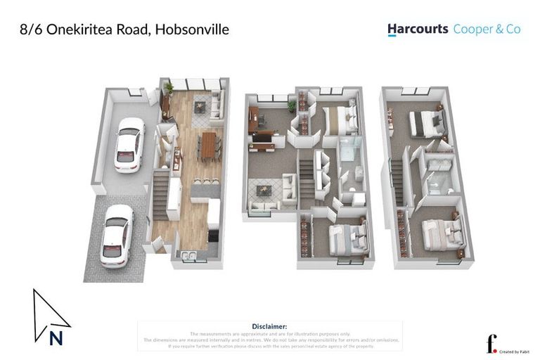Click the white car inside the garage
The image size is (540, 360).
pos(129,144)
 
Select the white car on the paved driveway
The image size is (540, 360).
pos(116,236)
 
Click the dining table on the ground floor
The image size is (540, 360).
pos(209,146)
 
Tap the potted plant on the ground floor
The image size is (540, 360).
pos(169,89)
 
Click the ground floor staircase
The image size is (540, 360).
pos(161,190)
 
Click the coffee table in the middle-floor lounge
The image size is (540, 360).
pos(266,190)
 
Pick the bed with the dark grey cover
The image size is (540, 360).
pos(425,122)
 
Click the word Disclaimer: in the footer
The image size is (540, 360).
pos(269,326)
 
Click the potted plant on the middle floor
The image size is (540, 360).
pos(292,105)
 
